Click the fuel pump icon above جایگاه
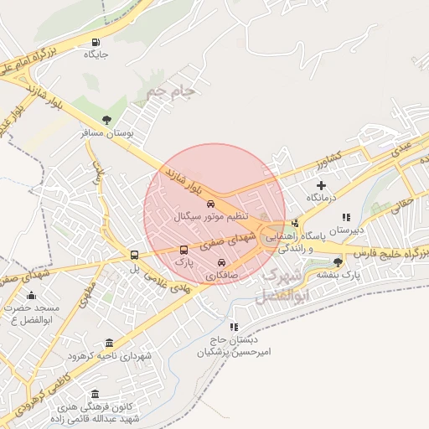click(x=98, y=43)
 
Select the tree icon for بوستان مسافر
click(x=106, y=120)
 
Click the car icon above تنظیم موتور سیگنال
click(x=210, y=204)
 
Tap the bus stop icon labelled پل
click(x=134, y=256)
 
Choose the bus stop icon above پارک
click(x=184, y=250)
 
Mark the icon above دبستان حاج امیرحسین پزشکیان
click(x=235, y=326)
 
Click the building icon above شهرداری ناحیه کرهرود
click(x=110, y=344)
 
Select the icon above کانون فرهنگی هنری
click(x=94, y=394)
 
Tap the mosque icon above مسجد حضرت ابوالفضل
click(x=32, y=295)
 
